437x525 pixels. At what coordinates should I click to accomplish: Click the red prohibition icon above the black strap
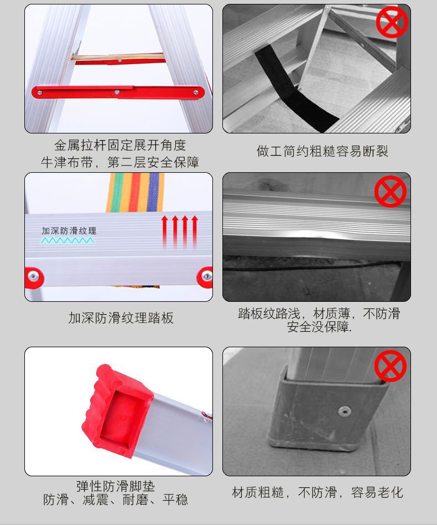click(392, 22)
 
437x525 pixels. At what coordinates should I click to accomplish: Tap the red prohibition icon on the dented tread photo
click(391, 191)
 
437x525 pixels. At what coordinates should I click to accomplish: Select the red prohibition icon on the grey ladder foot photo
click(390, 366)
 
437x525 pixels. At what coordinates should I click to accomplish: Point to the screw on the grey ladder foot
click(344, 411)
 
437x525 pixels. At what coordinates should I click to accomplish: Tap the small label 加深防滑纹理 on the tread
click(69, 231)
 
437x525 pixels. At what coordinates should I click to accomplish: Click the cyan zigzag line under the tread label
click(67, 240)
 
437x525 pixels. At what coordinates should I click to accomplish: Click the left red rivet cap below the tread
click(34, 277)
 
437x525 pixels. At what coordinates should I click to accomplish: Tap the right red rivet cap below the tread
click(205, 277)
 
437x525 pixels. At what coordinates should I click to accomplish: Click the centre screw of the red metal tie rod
click(117, 92)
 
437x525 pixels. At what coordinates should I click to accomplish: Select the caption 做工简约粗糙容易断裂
click(322, 151)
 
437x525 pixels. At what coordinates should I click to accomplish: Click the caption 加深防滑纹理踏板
click(121, 318)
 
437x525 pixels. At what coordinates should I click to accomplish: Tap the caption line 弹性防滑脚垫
click(116, 486)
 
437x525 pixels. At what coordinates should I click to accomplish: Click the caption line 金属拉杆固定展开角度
click(120, 145)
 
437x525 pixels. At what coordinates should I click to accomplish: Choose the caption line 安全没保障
click(319, 327)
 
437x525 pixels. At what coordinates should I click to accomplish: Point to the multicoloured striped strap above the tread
click(135, 193)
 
